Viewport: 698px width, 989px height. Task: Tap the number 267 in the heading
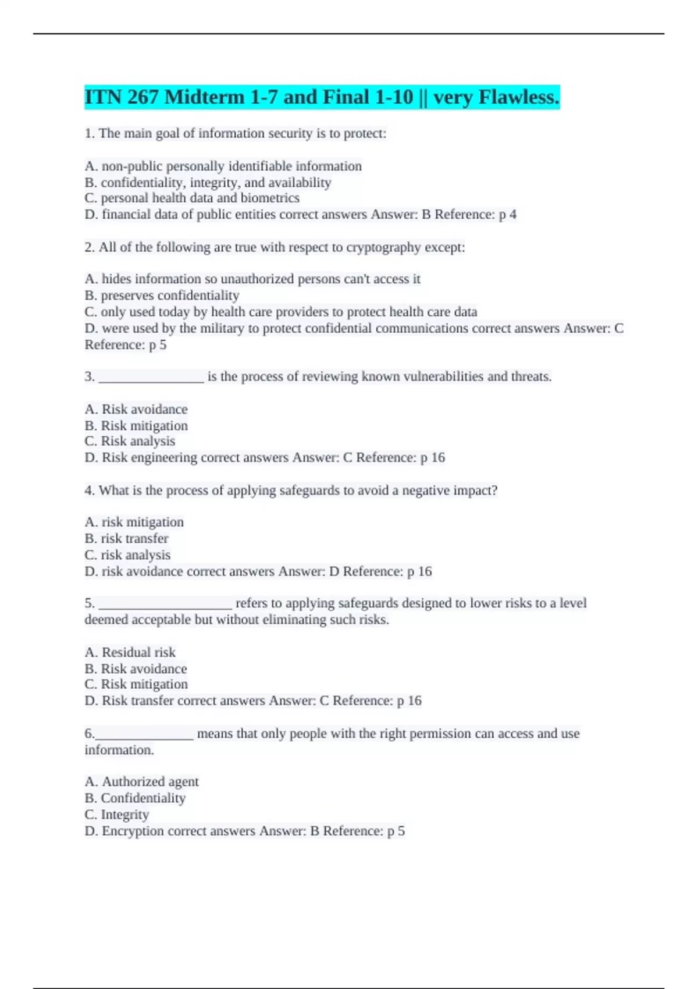pyautogui.click(x=142, y=97)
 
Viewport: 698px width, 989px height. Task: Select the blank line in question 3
pyautogui.click(x=151, y=377)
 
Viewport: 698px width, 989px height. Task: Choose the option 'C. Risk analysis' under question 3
pyautogui.click(x=130, y=441)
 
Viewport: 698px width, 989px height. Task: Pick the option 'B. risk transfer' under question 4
pyautogui.click(x=126, y=538)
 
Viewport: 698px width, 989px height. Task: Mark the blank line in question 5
pyautogui.click(x=165, y=603)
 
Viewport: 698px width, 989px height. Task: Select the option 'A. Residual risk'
pyautogui.click(x=130, y=652)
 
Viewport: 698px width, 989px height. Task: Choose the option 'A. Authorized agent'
pyautogui.click(x=141, y=781)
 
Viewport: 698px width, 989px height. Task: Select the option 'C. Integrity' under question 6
pyautogui.click(x=116, y=814)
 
